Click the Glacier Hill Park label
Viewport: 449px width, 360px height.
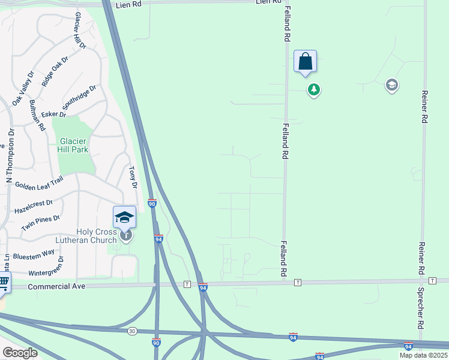tap(74, 146)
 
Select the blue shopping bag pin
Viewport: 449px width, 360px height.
tap(305, 62)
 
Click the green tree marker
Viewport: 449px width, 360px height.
tap(313, 90)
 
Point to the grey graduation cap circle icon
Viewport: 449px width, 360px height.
tap(392, 85)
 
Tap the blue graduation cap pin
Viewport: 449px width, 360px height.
tap(124, 217)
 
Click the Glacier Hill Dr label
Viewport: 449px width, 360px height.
tap(79, 31)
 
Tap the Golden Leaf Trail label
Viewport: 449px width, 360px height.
tap(39, 185)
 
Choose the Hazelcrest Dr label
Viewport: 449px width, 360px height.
tap(34, 207)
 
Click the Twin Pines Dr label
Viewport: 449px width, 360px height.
tap(41, 223)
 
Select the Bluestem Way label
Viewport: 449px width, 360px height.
tap(34, 253)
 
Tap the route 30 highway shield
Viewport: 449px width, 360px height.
tap(131, 331)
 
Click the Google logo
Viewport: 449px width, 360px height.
tap(20, 353)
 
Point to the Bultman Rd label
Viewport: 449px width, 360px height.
tap(37, 116)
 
